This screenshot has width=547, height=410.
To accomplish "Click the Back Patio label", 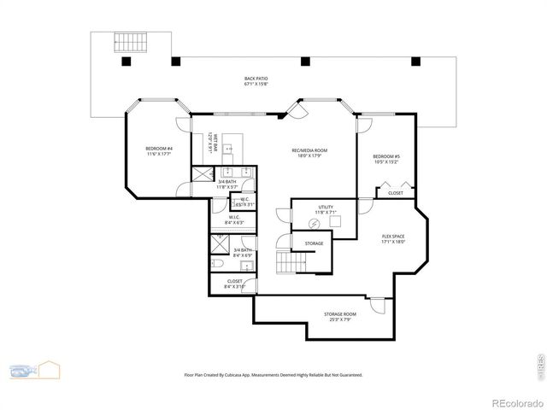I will pyautogui.click(x=256, y=81).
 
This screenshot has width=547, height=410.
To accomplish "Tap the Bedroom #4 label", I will pyautogui.click(x=159, y=151).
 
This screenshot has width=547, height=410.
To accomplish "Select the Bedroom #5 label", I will pyautogui.click(x=386, y=159).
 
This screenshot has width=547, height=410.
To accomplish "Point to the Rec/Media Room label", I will pyautogui.click(x=309, y=153).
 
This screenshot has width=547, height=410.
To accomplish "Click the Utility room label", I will pyautogui.click(x=326, y=209).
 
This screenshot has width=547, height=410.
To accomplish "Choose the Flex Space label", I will pyautogui.click(x=392, y=239).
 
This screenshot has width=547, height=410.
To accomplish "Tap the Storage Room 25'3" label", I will pyautogui.click(x=339, y=317).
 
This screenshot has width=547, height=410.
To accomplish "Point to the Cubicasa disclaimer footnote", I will pyautogui.click(x=273, y=374).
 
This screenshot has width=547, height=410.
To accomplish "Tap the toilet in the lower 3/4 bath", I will pyautogui.click(x=217, y=265).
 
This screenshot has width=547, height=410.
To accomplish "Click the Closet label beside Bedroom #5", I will pyautogui.click(x=396, y=193).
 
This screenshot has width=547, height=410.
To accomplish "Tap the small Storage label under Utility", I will pyautogui.click(x=314, y=244).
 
